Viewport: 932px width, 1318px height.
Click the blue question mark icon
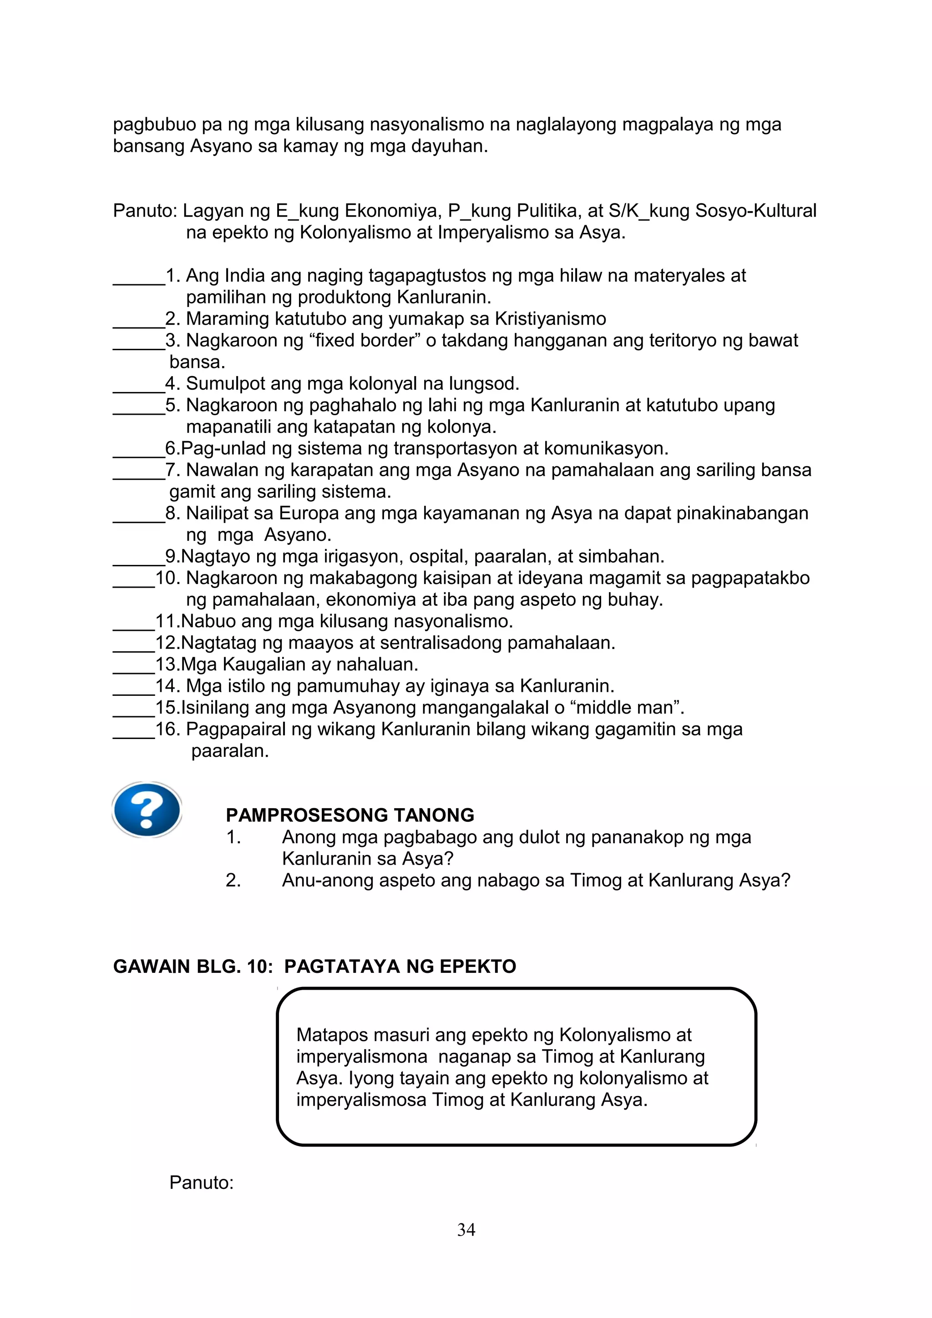147,810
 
